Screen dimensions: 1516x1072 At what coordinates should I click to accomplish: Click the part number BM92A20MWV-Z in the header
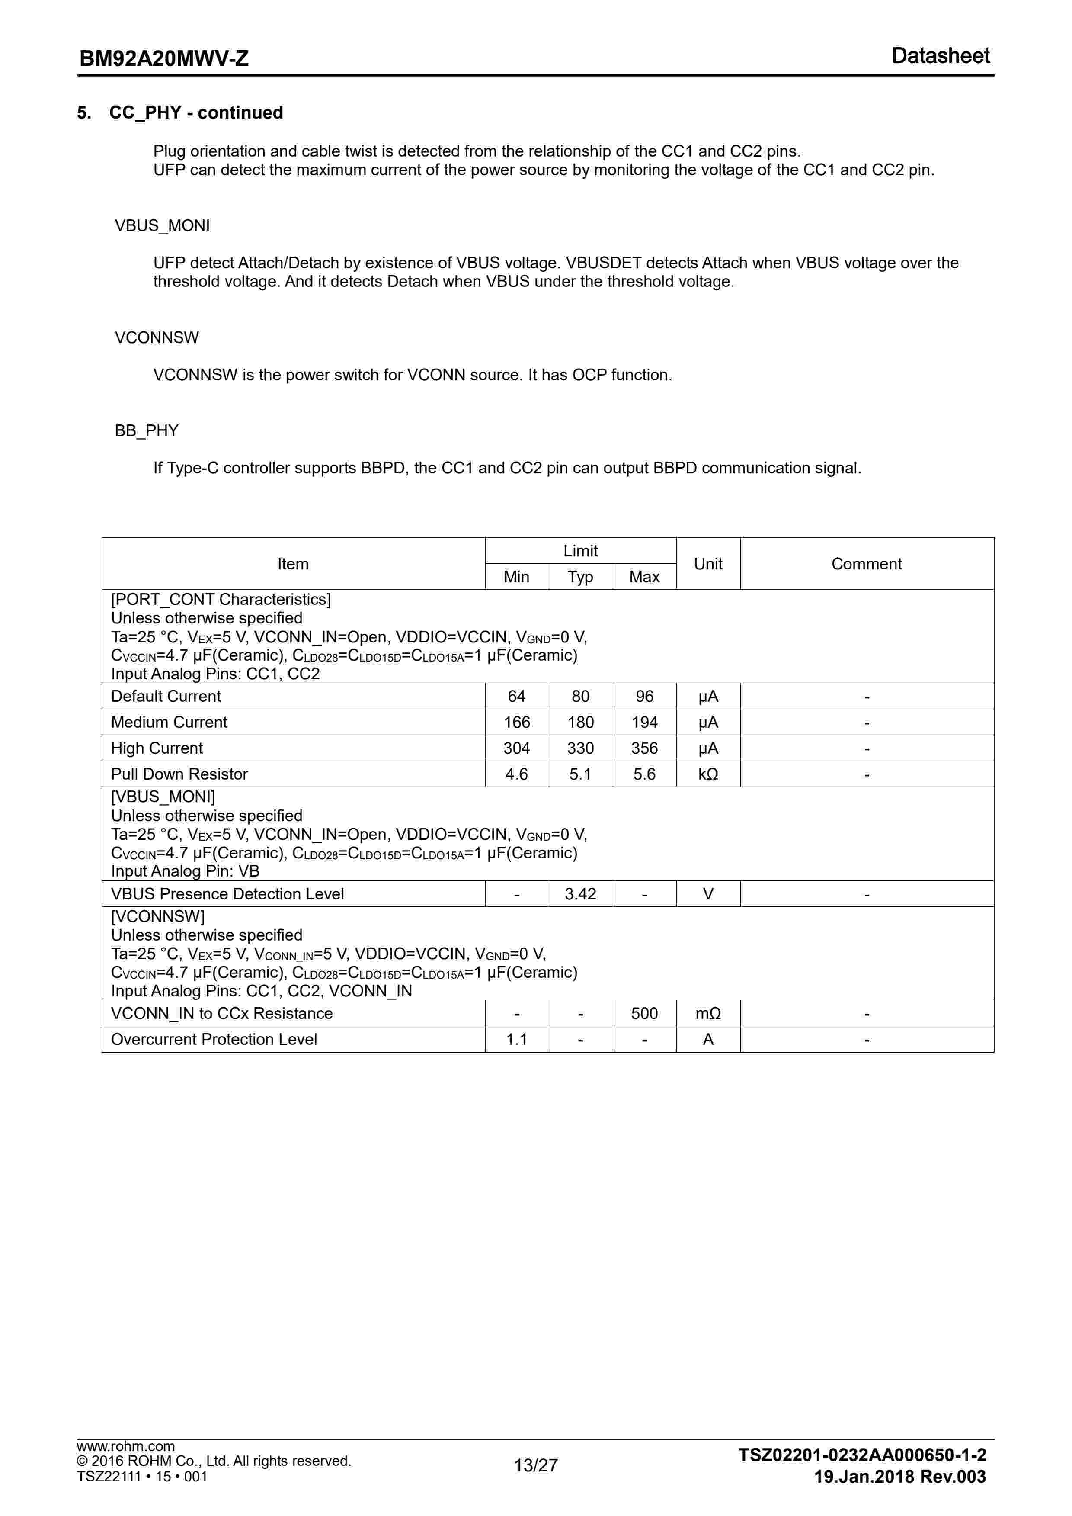tap(164, 59)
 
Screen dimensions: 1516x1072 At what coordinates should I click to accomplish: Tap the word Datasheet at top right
tap(940, 56)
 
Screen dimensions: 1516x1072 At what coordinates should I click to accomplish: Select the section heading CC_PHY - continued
tap(195, 113)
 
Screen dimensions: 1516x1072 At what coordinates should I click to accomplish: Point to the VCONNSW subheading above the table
tap(157, 337)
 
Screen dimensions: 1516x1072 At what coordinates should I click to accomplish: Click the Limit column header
tap(580, 551)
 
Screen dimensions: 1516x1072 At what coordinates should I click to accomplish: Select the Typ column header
tap(580, 577)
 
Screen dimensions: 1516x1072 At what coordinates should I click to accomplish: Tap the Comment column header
tap(866, 564)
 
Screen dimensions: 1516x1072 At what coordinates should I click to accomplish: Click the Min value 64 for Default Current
tap(516, 696)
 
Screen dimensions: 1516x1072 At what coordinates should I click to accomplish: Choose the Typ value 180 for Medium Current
tap(580, 723)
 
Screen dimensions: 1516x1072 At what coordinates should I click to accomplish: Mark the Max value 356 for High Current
tap(644, 748)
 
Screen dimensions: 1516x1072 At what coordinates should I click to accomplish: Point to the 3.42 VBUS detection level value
tap(580, 894)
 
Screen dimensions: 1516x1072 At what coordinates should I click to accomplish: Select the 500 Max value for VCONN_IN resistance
tap(644, 1014)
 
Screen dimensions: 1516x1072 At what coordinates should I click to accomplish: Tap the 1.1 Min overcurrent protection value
tap(516, 1039)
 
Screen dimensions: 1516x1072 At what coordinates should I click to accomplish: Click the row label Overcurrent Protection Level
tap(214, 1039)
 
